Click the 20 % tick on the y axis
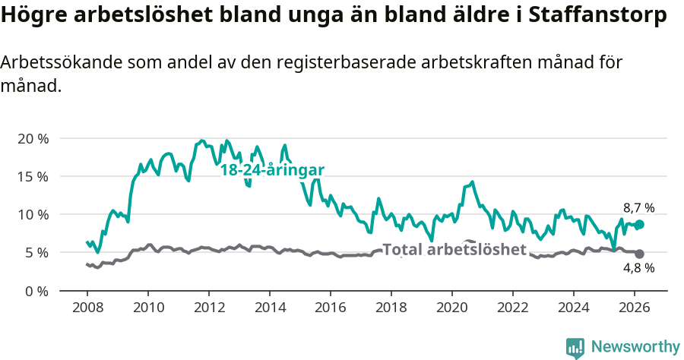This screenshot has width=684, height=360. click(x=32, y=138)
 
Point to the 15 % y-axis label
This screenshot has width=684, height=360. click(x=32, y=176)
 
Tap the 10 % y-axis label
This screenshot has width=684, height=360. click(x=32, y=214)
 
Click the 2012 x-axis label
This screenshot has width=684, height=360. click(x=209, y=307)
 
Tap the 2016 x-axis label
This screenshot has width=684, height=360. click(x=331, y=307)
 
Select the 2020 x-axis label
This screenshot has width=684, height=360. click(x=452, y=307)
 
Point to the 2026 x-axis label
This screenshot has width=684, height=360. click(x=635, y=307)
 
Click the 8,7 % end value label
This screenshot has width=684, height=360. click(x=638, y=207)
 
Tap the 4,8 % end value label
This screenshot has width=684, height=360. click(x=638, y=268)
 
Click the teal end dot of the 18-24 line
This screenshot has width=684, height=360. click(x=640, y=225)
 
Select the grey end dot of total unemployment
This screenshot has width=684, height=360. click(x=640, y=254)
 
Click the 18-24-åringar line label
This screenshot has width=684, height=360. click(x=272, y=170)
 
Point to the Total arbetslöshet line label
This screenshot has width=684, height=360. click(x=454, y=249)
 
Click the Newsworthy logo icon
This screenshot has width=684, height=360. click(x=575, y=347)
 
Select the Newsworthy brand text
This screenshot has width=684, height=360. click(x=635, y=347)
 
